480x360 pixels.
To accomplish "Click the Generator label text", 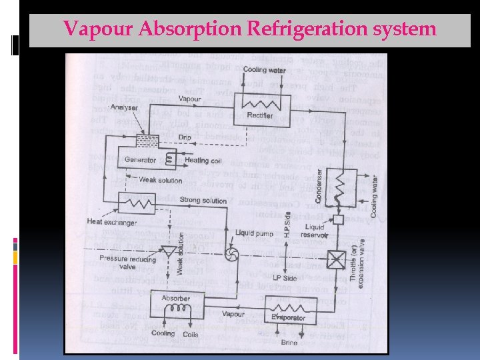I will (141, 161).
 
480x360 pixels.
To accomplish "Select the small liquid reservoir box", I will (339, 219).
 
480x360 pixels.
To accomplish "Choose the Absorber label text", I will (176, 298).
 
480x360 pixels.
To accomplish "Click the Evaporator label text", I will (289, 318).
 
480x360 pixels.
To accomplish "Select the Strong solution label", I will (203, 201).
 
